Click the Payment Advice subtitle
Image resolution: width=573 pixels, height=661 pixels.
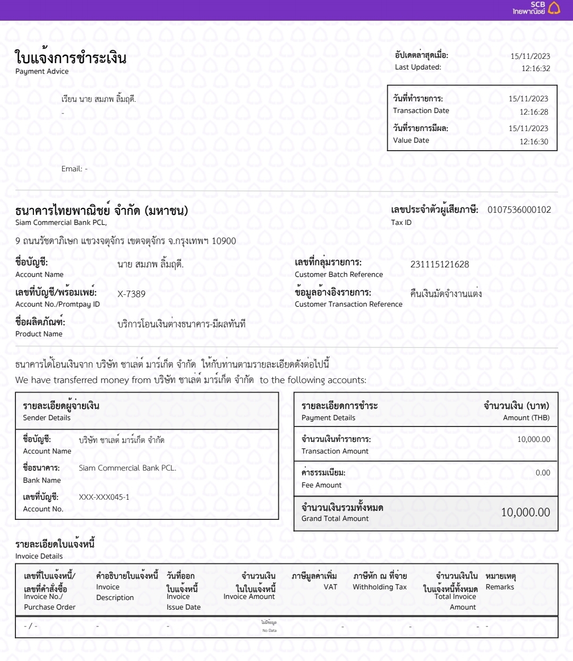click(x=42, y=72)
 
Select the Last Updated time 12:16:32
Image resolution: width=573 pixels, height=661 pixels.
click(x=535, y=68)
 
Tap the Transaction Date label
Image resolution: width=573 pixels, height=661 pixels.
click(x=421, y=111)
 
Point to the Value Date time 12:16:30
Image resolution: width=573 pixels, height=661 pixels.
click(x=534, y=142)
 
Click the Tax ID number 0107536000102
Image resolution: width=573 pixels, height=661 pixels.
click(x=519, y=210)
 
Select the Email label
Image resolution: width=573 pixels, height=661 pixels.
click(x=72, y=169)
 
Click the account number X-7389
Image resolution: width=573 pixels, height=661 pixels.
click(x=131, y=294)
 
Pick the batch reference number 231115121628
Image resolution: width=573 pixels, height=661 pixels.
click(x=439, y=264)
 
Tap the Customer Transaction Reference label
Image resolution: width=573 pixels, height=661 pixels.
click(x=348, y=305)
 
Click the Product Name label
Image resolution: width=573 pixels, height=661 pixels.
click(x=39, y=334)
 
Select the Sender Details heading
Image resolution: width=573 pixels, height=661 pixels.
click(x=47, y=418)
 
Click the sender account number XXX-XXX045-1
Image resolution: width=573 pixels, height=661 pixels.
click(x=104, y=498)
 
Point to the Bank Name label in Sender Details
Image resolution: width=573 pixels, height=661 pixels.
click(x=42, y=481)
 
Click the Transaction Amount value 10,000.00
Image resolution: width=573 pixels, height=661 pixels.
click(x=533, y=440)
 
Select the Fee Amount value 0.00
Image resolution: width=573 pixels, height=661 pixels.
click(x=542, y=473)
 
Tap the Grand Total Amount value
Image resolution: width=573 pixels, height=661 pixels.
click(x=525, y=512)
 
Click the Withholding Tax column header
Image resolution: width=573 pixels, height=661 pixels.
click(x=379, y=587)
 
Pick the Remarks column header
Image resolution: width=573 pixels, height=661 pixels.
click(x=500, y=587)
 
